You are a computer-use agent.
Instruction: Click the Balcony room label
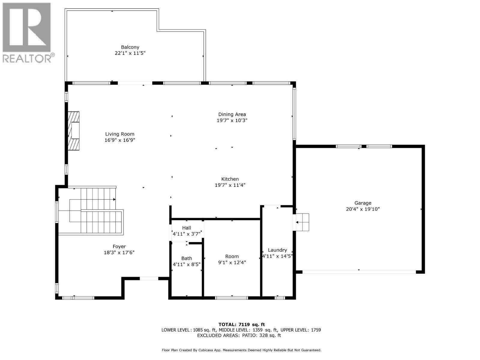130,47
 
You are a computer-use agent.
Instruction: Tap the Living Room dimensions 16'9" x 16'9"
120,140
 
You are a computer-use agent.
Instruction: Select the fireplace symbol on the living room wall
74,131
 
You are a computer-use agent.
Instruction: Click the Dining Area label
232,114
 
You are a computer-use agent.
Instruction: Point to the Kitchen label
230,179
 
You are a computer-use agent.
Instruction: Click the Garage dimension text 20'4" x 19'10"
363,209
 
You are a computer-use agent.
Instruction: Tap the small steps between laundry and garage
303,222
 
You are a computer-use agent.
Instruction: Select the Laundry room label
277,250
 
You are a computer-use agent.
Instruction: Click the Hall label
186,228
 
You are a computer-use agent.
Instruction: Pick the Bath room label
187,258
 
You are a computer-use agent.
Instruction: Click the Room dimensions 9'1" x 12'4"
232,262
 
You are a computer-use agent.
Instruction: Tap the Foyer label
119,247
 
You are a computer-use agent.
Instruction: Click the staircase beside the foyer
93,211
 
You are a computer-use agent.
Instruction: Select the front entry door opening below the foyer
149,279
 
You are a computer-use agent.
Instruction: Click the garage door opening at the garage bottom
359,272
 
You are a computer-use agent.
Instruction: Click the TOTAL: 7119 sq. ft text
241,324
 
